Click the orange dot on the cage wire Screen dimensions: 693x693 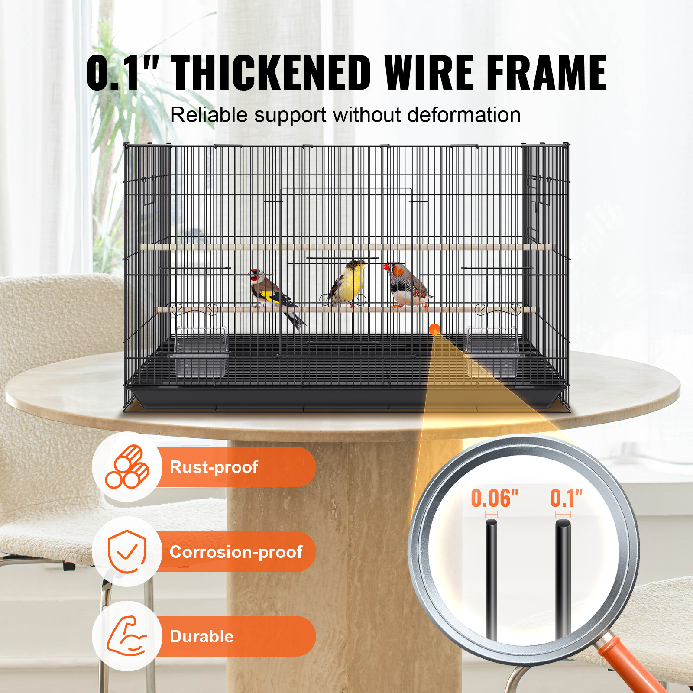click(x=434, y=329)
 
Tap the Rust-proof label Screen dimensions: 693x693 click(x=214, y=467)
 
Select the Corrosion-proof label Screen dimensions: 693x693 click(x=236, y=552)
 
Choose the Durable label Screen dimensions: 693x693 click(x=202, y=637)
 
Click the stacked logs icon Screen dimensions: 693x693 click(x=127, y=467)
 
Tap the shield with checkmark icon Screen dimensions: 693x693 click(x=127, y=551)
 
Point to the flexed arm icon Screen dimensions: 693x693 click(x=127, y=636)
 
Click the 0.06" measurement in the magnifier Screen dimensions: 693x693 click(x=495, y=499)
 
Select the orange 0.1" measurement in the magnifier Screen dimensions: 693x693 click(x=566, y=499)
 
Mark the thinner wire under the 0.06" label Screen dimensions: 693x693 click(x=491, y=580)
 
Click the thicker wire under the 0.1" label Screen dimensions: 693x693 click(x=563, y=580)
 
